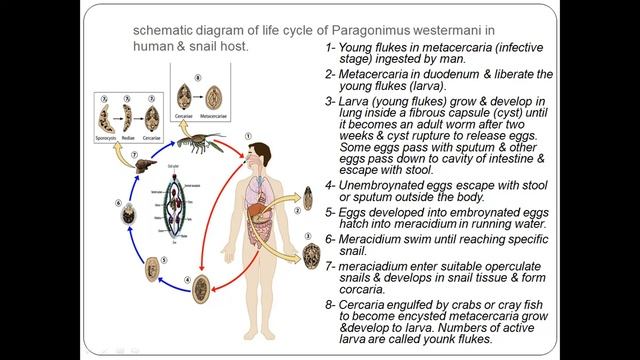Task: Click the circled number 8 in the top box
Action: point(197,75)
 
